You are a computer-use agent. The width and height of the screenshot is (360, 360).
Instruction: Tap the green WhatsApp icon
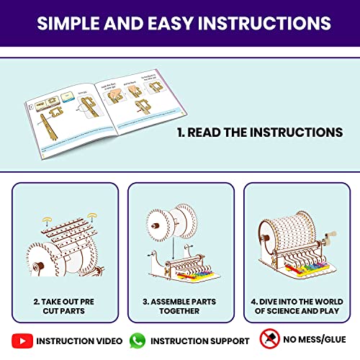(x=138, y=340)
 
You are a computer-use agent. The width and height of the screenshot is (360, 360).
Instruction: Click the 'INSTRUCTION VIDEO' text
(x=74, y=341)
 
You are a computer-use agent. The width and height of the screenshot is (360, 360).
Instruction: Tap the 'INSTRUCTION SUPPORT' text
(x=199, y=341)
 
